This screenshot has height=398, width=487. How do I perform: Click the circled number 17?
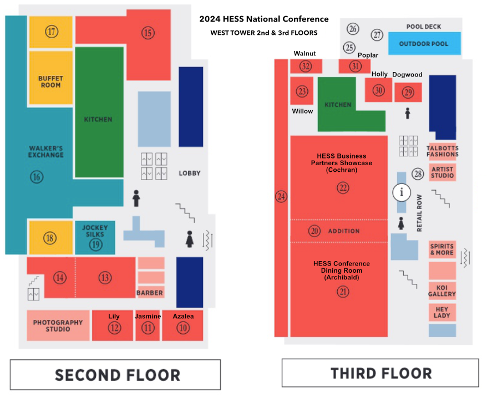pos(52,32)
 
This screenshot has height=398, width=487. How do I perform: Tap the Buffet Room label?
pos(50,82)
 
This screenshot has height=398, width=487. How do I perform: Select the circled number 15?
pos(147,33)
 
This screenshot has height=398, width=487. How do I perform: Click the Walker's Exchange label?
pos(47,151)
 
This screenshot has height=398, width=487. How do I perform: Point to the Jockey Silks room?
pos(95,237)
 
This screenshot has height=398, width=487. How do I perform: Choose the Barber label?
pos(150,293)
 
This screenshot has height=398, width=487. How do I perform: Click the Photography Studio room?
pos(58,325)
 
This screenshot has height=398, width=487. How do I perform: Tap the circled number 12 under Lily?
pos(114,328)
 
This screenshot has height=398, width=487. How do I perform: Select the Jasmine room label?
pos(148,316)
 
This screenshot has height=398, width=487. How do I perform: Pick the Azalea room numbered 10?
pos(182,327)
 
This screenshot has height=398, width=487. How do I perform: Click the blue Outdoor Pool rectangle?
pos(424,44)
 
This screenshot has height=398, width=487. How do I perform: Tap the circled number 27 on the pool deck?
pos(377,35)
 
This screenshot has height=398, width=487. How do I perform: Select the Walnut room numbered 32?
pos(305,67)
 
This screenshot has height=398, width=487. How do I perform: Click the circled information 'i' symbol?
pos(402,192)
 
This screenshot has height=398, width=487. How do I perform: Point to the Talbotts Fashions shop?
pos(442,151)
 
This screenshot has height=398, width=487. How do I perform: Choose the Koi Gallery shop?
pos(442,290)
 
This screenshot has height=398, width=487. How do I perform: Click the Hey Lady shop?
pos(442,312)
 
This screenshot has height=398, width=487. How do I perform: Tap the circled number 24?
pos(281,196)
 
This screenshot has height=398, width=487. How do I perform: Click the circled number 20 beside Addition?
pos(315,231)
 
